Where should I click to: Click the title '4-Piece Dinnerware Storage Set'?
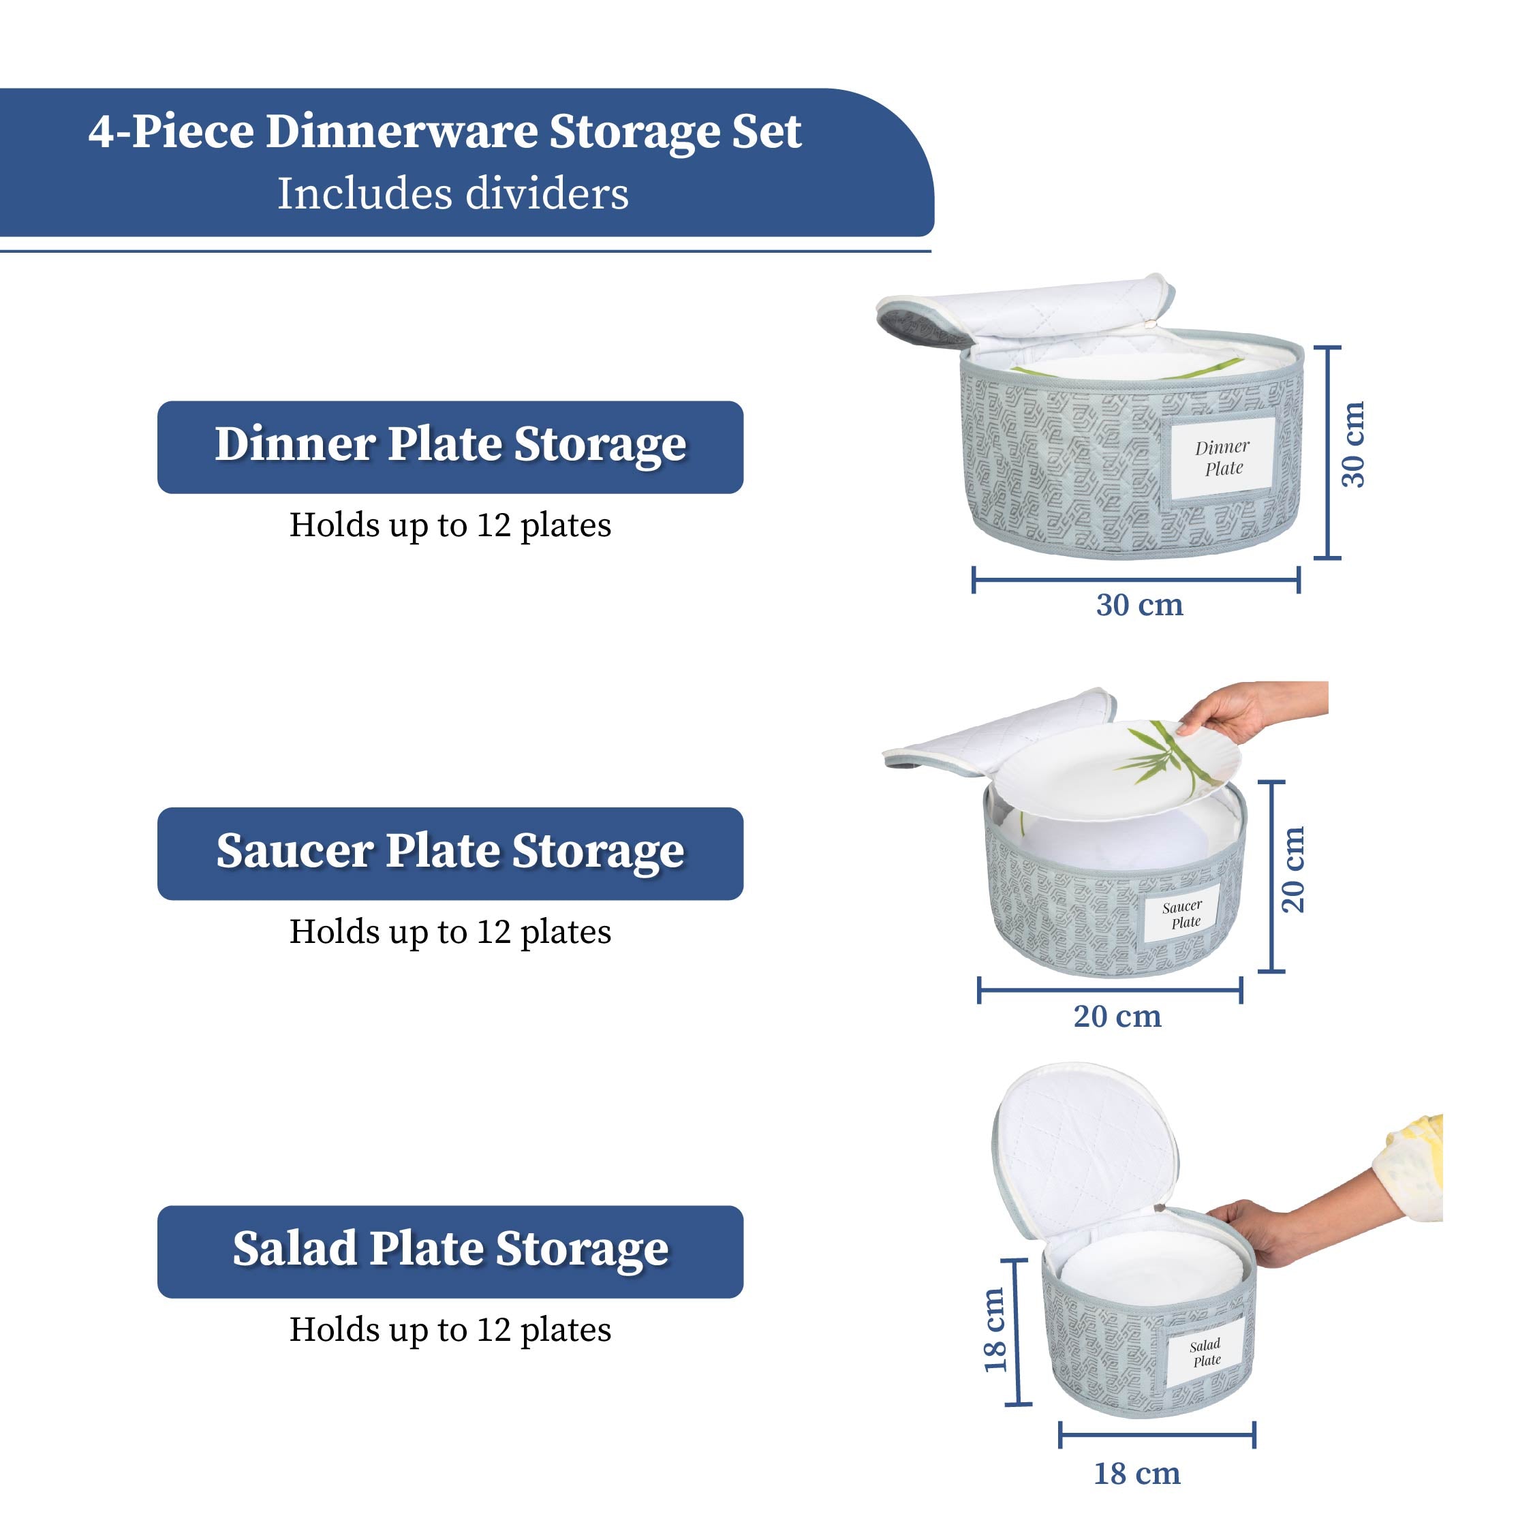pos(444,131)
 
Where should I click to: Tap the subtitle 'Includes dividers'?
pos(452,193)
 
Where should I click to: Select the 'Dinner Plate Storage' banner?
pos(450,447)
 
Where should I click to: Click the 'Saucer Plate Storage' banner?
pos(450,853)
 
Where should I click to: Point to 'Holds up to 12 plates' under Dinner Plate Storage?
pos(450,525)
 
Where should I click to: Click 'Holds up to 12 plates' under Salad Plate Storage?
pos(450,1330)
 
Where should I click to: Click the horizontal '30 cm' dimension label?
pos(1139,606)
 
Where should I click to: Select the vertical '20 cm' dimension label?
pos(1292,869)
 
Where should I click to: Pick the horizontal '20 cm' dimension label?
pos(1117,1017)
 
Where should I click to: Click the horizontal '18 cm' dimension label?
pos(1137,1474)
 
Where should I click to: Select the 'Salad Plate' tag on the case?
pos(1206,1353)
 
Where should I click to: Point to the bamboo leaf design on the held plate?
pos(1154,754)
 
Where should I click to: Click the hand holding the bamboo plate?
pos(1238,706)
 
